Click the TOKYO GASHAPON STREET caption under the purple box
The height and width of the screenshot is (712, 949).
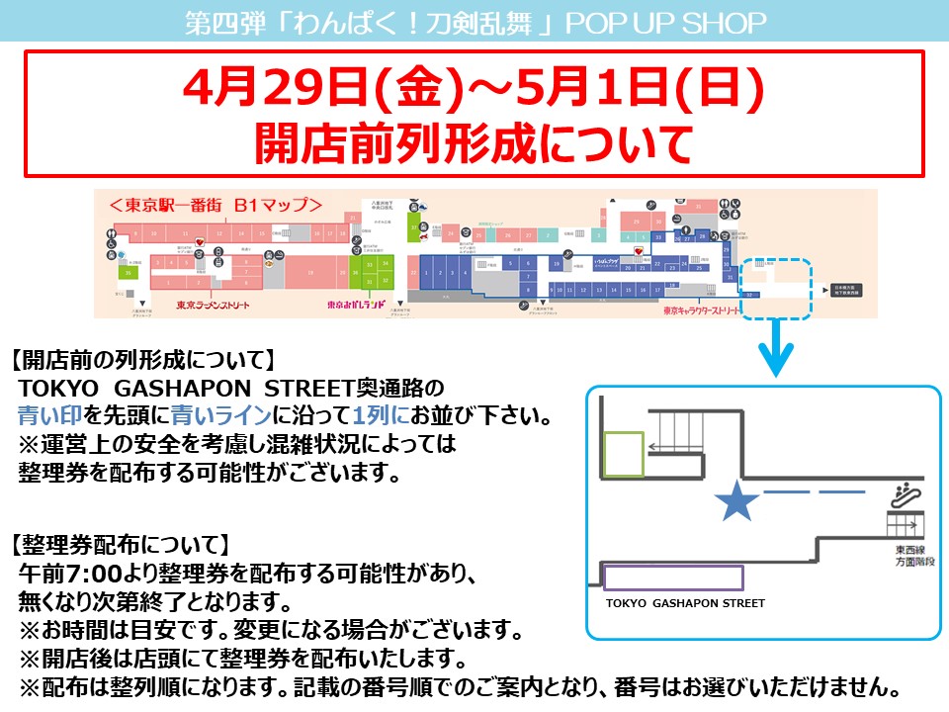[x=685, y=603]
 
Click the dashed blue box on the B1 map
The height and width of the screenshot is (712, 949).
[x=777, y=289]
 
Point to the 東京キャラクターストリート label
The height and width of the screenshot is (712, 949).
[x=713, y=310]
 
